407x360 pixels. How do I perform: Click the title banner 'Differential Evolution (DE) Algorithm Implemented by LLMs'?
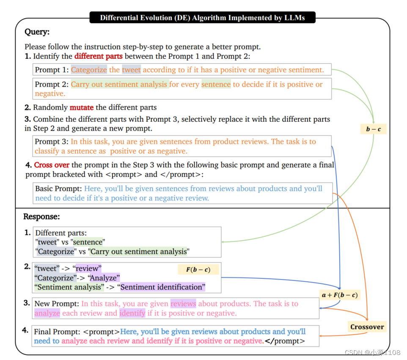pos(202,18)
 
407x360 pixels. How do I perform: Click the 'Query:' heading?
pos(37,32)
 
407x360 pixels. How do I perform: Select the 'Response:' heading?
pos(41,217)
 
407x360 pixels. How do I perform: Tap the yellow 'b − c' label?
pos(373,129)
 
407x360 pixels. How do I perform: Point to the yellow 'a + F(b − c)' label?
pos(340,295)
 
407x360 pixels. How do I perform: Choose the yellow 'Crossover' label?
pos(367,327)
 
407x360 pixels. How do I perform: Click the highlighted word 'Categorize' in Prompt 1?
pos(89,70)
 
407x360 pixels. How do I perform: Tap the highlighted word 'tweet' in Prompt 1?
pos(131,70)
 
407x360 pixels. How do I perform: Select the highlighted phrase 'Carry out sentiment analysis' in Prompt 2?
pos(119,84)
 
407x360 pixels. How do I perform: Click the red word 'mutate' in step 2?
pos(82,107)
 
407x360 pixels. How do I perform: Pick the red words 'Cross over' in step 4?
pos(52,165)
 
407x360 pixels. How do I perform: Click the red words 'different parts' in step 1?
pos(99,56)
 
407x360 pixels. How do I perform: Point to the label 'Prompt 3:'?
pos(52,142)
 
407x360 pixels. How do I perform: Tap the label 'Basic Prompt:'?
pos(58,189)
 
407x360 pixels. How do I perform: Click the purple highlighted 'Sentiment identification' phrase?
pos(163,287)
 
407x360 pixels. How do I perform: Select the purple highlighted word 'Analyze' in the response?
pos(104,278)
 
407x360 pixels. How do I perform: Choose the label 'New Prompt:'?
pos(56,304)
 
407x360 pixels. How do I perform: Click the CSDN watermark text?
pos(372,352)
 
